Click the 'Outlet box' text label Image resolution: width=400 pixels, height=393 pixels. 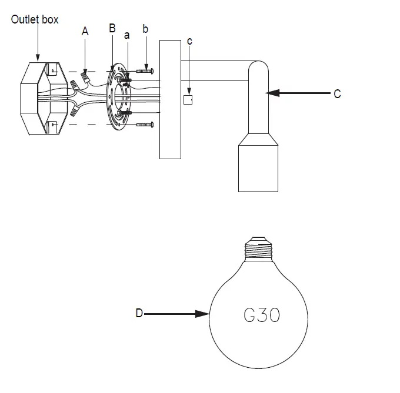(35, 19)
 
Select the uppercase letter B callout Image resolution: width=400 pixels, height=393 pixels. (112, 28)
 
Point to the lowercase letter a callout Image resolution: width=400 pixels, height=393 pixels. (126, 35)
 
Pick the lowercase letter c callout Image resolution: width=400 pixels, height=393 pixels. (188, 41)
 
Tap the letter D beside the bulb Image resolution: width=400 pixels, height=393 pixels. (139, 314)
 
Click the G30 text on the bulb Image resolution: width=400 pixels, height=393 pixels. (262, 315)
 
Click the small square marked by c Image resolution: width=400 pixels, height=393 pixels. (188, 100)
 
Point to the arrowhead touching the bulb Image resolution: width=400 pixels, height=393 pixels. (206, 314)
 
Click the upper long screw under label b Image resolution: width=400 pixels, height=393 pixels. (145, 71)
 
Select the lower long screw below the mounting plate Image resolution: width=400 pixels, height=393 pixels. (145, 125)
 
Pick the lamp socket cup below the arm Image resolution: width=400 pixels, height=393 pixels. (258, 167)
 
